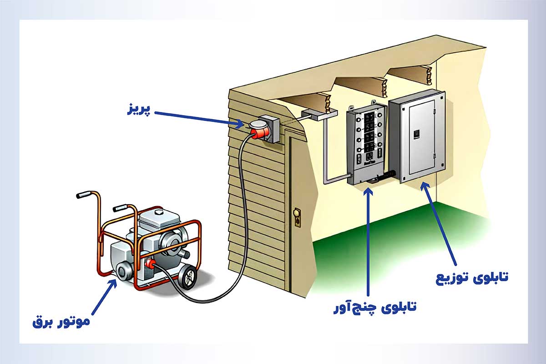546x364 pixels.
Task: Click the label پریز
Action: [x=137, y=110]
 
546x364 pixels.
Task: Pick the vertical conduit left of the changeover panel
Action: [x=326, y=150]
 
